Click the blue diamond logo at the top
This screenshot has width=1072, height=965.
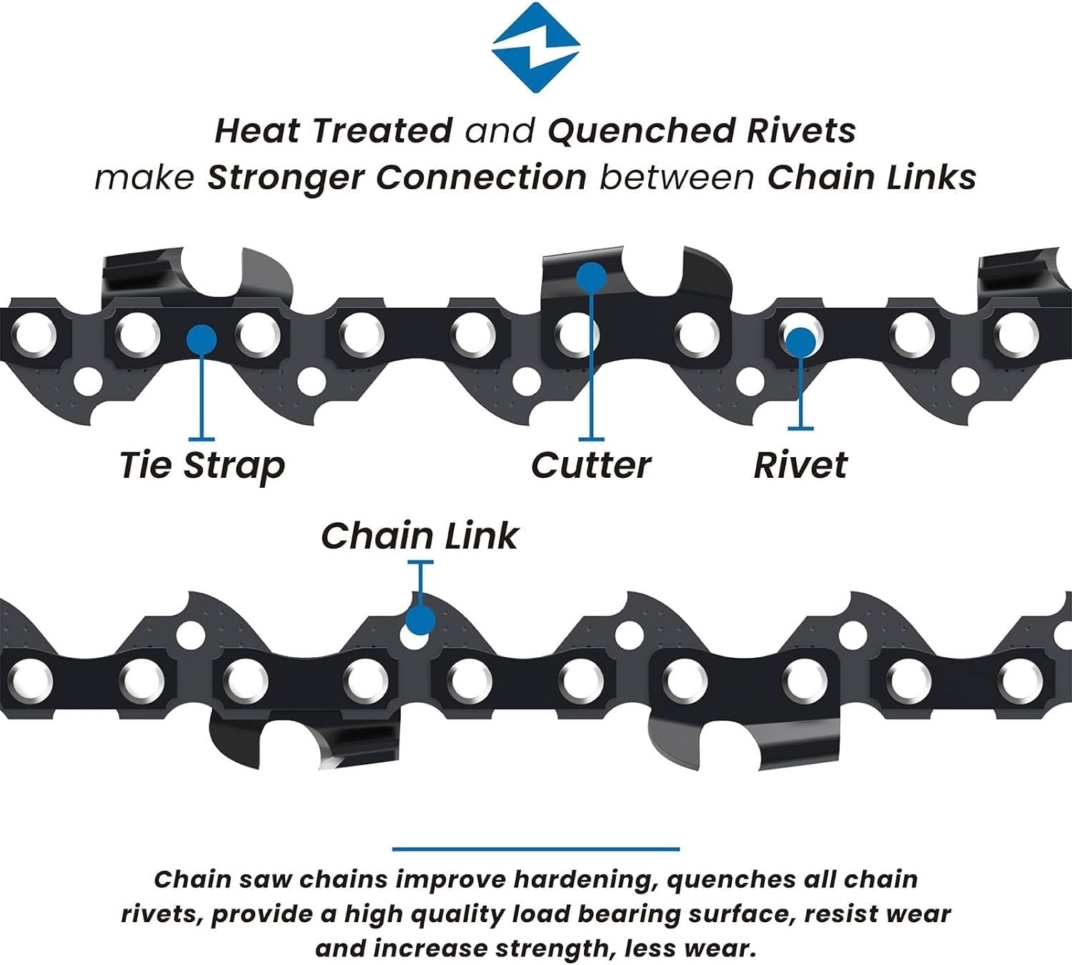coord(535,47)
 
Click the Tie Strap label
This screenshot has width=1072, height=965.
coord(202,466)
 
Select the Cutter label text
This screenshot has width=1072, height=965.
coord(590,466)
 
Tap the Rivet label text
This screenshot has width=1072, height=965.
coord(800,466)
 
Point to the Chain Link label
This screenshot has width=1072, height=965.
coord(420,536)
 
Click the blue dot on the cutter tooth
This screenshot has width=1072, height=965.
coord(591,276)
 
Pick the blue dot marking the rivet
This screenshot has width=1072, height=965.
coord(800,342)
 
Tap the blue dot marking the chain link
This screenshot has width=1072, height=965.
coord(420,620)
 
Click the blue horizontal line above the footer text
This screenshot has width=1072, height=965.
coord(535,849)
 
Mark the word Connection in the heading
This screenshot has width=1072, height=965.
coord(481,178)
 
